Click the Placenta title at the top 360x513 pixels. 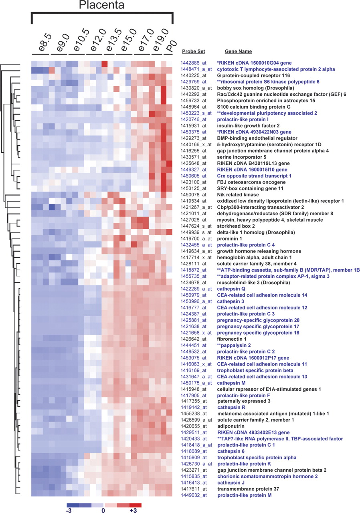pos(101,6)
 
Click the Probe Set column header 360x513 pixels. pos(193,52)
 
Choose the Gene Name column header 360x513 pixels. pos(238,52)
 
